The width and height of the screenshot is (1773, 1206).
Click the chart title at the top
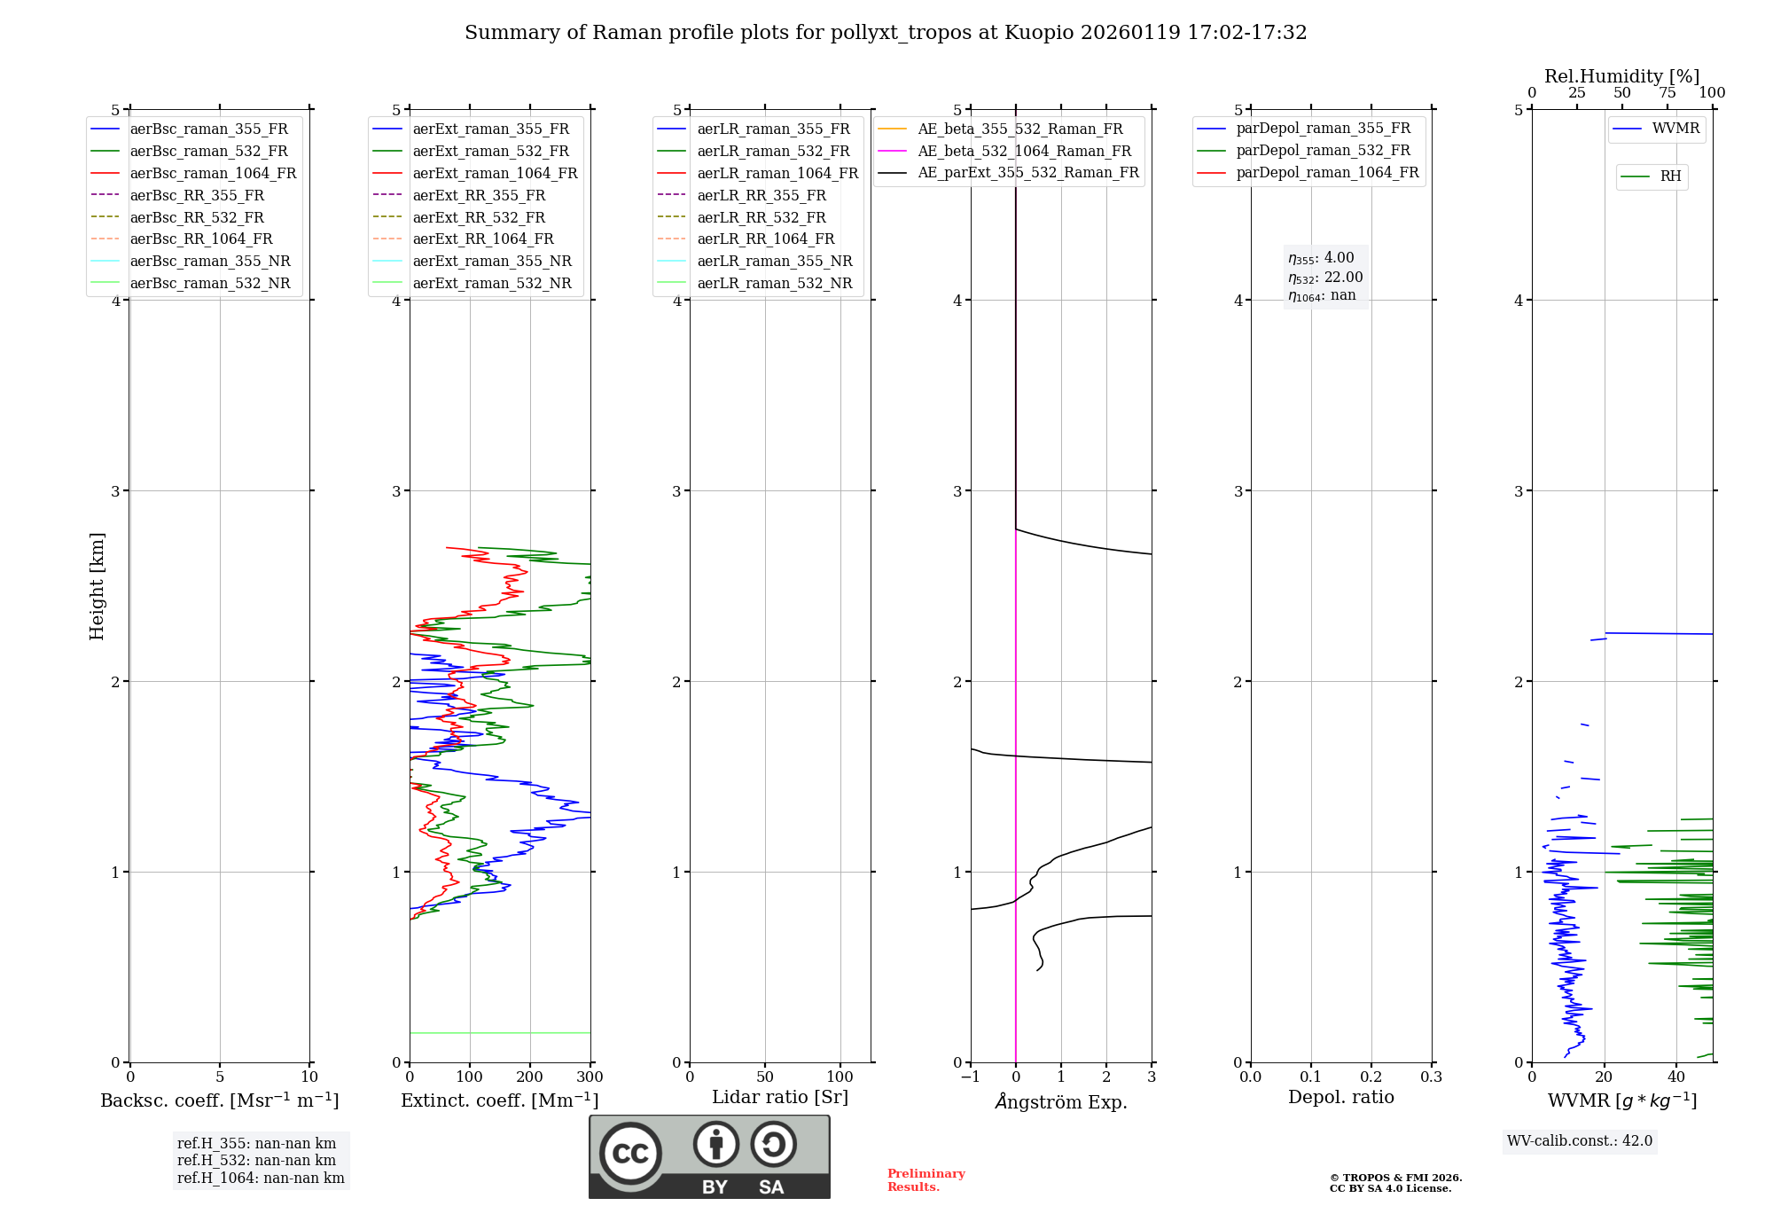coord(886,33)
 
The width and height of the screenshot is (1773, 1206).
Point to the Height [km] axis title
coord(97,585)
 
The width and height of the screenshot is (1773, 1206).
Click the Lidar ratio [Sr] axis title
coord(780,1097)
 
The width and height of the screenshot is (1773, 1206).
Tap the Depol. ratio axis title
coord(1340,1097)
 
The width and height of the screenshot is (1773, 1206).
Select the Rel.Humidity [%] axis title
coord(1621,76)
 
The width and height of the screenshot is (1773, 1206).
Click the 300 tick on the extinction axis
coord(590,1077)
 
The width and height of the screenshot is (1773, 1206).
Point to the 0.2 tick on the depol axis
coord(1371,1077)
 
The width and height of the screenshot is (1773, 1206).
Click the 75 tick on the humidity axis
coord(1668,93)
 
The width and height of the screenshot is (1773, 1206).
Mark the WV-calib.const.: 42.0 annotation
coord(1580,1140)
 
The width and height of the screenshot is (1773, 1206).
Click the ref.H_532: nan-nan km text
coord(256,1160)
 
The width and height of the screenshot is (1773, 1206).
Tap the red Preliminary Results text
coord(926,1180)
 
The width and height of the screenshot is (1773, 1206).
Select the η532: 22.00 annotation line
coord(1325,278)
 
